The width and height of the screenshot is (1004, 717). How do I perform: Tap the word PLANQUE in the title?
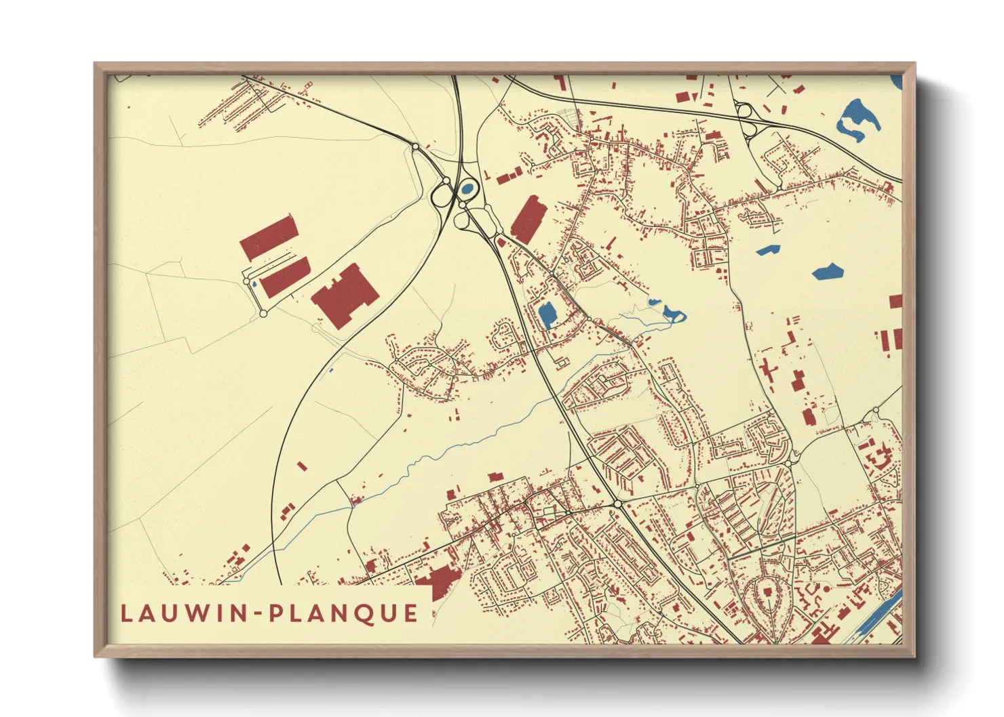(344, 613)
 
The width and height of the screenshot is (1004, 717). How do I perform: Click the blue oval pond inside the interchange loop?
(467, 188)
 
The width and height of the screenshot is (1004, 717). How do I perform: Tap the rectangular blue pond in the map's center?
(547, 314)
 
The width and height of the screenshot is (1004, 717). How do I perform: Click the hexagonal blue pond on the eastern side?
(828, 272)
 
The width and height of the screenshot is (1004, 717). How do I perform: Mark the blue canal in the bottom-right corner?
(878, 616)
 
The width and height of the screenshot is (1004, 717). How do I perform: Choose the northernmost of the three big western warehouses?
(269, 237)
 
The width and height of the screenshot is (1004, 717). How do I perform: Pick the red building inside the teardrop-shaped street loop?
(767, 592)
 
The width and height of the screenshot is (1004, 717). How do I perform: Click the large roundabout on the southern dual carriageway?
(617, 505)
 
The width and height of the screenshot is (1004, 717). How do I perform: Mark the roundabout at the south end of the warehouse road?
(263, 314)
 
